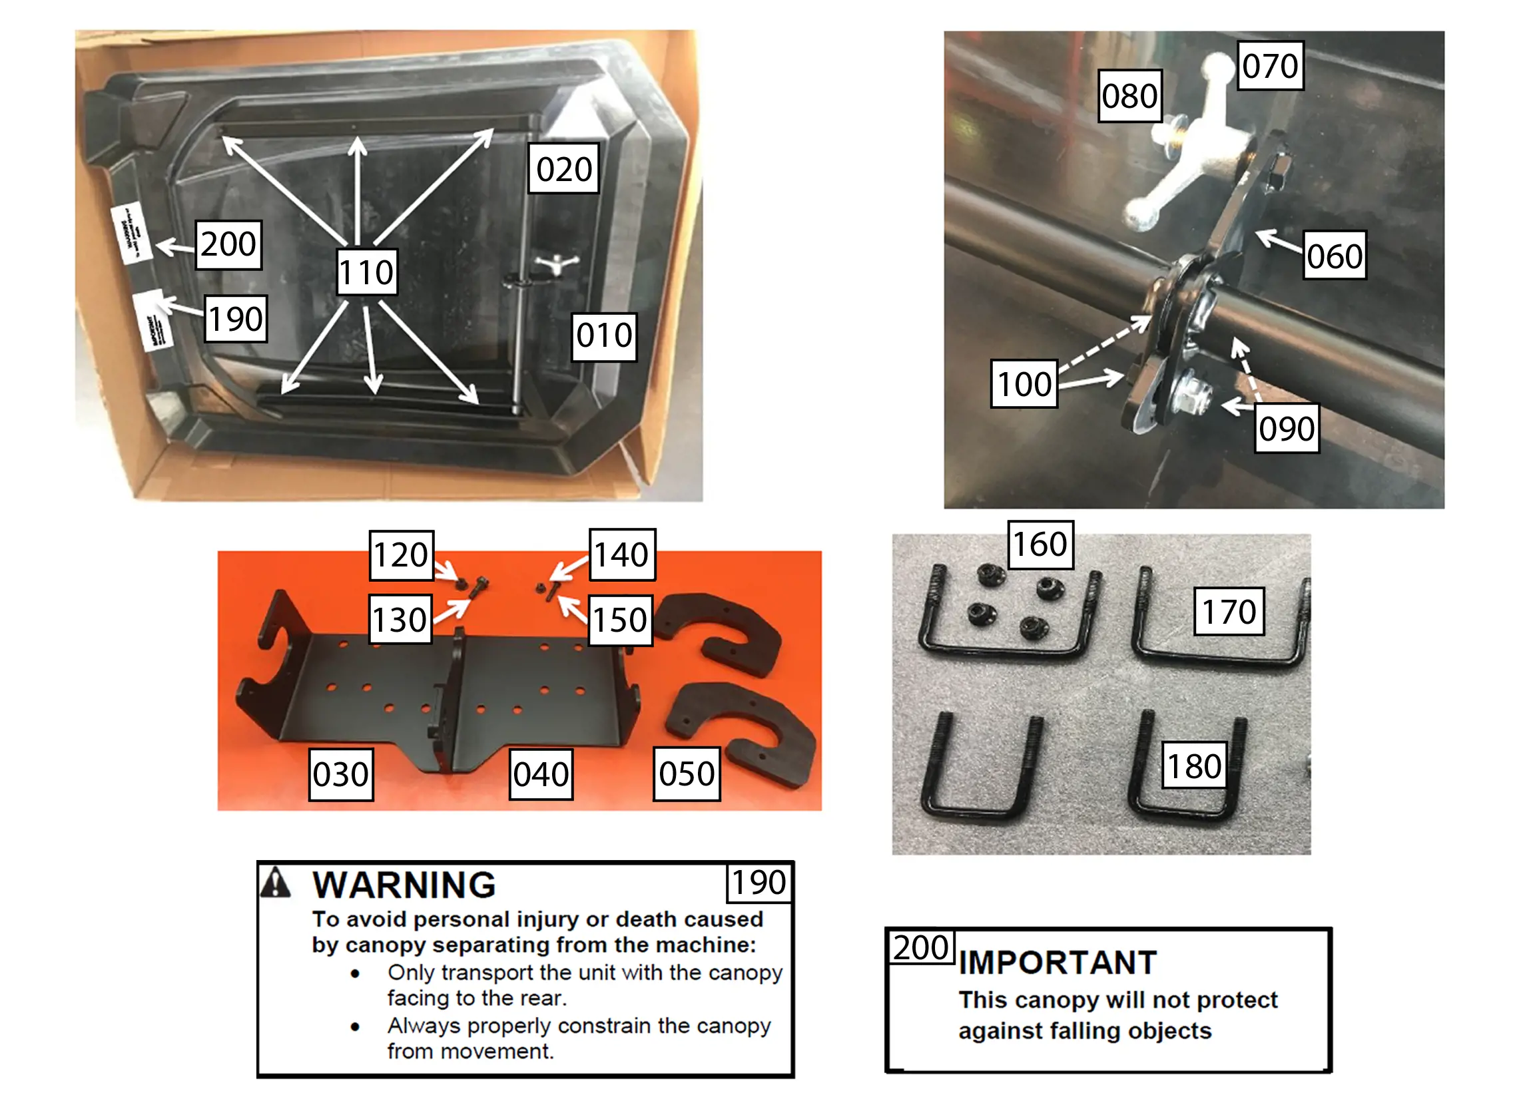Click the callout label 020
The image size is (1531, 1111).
(x=563, y=168)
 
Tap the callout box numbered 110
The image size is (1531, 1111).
(x=366, y=272)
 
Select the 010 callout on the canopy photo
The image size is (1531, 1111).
(x=604, y=335)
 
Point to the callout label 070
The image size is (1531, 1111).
(x=1270, y=65)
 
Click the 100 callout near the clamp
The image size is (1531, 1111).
(x=1024, y=383)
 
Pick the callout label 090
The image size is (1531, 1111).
(x=1286, y=428)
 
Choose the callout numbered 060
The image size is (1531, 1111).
(x=1334, y=255)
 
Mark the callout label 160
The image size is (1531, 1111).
(x=1040, y=543)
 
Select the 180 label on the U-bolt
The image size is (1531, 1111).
(x=1193, y=766)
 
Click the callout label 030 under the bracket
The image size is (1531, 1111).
(x=341, y=774)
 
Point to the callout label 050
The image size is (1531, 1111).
(x=686, y=773)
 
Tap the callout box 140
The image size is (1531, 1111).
(x=621, y=554)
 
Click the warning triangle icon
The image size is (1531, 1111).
(x=276, y=883)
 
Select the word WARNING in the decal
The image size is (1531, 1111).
(x=404, y=884)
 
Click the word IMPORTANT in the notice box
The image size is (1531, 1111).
(x=1057, y=962)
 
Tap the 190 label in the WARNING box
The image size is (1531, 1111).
(x=759, y=881)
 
